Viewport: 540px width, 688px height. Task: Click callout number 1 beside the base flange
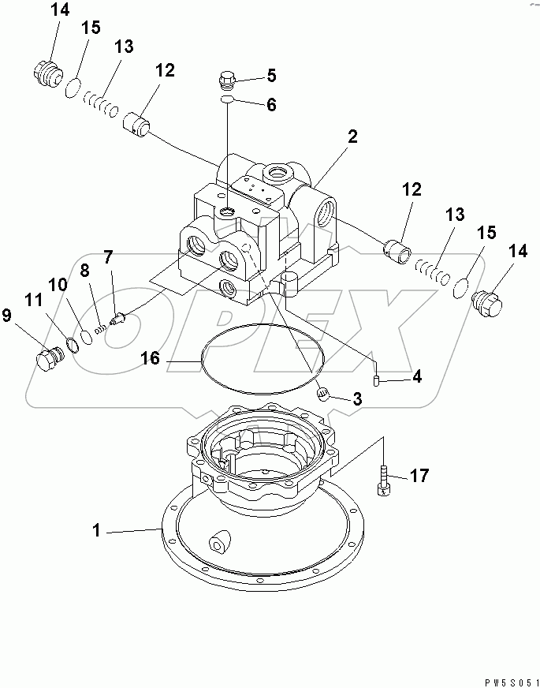click(96, 532)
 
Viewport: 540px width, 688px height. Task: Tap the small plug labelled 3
click(322, 394)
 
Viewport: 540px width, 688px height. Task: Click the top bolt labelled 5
click(225, 79)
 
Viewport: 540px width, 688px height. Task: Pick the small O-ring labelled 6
click(225, 101)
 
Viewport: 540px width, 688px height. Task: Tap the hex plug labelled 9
click(50, 360)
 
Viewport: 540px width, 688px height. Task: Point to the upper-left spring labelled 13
click(102, 101)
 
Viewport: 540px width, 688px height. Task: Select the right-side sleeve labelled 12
click(397, 252)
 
